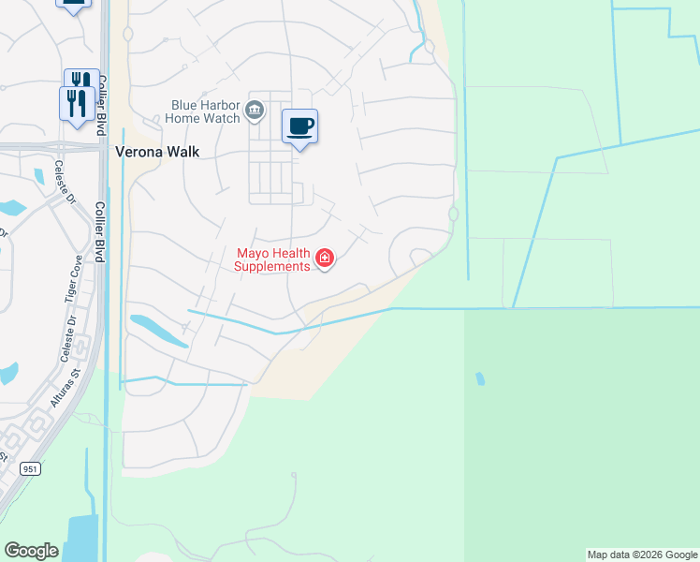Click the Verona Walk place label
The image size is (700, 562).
[156, 151]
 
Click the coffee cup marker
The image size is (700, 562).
[299, 126]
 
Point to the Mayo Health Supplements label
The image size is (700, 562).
[272, 259]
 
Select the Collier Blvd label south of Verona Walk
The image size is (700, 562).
[100, 233]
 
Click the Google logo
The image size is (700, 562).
[31, 551]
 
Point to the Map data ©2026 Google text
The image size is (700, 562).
[642, 555]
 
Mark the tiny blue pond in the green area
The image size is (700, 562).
[480, 378]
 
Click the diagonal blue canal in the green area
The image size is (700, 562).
[533, 229]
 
